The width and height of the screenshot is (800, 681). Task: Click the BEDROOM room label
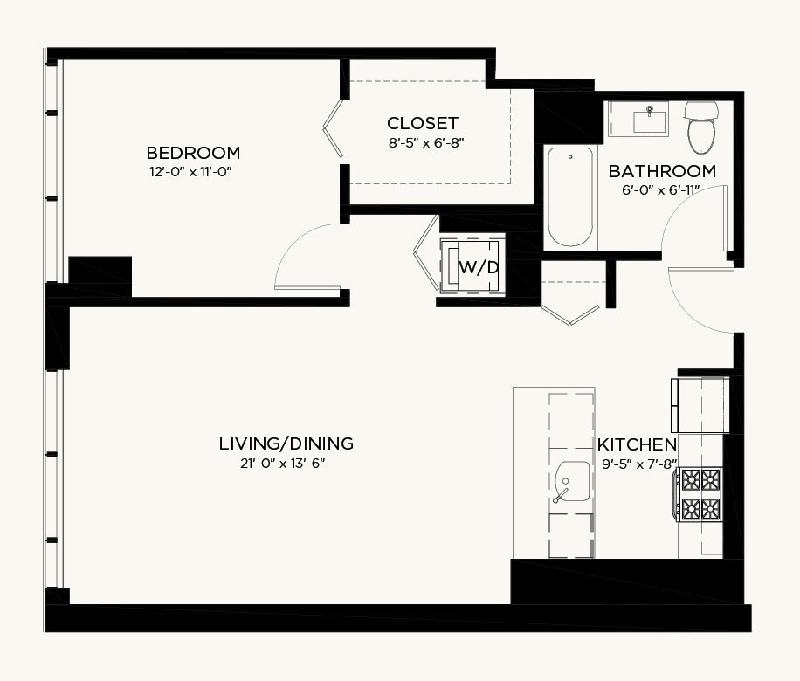click(193, 153)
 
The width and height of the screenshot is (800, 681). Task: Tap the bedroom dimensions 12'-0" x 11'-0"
click(190, 172)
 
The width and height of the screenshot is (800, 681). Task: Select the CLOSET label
click(423, 123)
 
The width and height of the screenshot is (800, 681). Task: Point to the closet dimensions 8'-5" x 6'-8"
click(426, 143)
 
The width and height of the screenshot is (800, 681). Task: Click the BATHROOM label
click(662, 171)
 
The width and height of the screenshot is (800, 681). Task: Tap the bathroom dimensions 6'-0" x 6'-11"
click(660, 190)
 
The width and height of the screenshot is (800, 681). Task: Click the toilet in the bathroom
click(701, 127)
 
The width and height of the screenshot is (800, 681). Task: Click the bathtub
click(570, 197)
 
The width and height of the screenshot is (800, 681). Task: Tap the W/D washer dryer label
click(479, 267)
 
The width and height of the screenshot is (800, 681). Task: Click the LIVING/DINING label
click(286, 444)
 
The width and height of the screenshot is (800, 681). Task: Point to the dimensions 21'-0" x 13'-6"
click(283, 464)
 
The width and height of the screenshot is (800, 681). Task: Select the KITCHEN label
click(638, 444)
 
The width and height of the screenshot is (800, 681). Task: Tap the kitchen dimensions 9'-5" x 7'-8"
click(640, 464)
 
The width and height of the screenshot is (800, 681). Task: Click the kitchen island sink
click(571, 482)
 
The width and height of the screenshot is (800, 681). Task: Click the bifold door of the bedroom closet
click(333, 128)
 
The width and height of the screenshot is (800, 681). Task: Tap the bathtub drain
click(570, 156)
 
